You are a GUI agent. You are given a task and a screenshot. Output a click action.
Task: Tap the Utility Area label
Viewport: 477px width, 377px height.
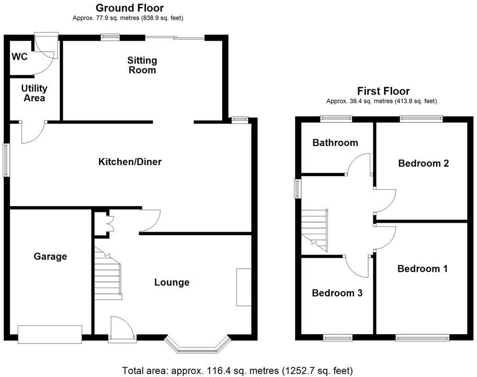click(x=34, y=94)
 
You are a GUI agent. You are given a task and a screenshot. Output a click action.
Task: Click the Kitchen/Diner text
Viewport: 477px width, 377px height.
click(x=130, y=162)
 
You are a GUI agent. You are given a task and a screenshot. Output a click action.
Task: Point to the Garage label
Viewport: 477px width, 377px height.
click(x=50, y=256)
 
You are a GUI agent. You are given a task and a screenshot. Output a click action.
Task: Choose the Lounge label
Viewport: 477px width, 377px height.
click(x=172, y=282)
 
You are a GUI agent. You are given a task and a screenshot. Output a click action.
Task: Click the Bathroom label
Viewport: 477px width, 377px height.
click(x=335, y=143)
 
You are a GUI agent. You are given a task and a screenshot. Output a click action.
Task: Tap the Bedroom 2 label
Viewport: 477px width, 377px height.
click(x=423, y=163)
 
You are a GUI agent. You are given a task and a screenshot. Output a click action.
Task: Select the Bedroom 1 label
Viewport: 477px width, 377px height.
click(x=422, y=269)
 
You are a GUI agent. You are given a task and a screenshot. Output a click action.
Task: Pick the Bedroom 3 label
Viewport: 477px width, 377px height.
click(x=337, y=293)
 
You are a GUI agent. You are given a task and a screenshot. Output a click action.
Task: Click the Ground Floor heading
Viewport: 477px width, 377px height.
click(x=129, y=8)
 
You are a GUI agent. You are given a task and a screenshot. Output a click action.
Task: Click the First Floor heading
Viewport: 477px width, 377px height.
click(x=383, y=91)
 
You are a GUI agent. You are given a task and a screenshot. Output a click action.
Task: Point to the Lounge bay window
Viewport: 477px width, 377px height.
click(x=197, y=344)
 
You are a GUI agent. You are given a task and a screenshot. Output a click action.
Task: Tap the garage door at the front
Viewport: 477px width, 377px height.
click(x=50, y=334)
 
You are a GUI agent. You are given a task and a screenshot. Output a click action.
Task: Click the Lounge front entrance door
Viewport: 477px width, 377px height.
click(x=121, y=329)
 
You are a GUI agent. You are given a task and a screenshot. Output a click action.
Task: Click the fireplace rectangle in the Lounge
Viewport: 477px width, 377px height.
click(x=243, y=287)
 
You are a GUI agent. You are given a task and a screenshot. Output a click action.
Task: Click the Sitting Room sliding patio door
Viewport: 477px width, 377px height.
click(x=175, y=37)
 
